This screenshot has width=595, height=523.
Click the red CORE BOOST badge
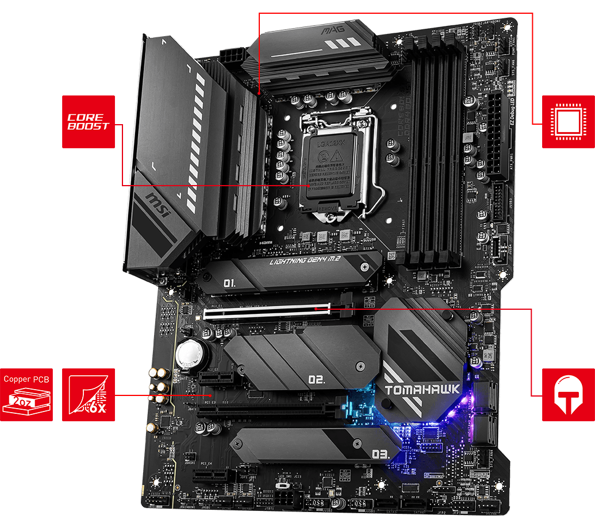pos(88,122)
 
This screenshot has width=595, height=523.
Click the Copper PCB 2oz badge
pos(26,395)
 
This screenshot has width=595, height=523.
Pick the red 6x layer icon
pos(88,395)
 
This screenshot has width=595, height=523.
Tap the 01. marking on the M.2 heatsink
pos(229,283)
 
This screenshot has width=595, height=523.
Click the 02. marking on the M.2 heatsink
pos(317,380)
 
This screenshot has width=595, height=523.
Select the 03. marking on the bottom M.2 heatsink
pos(381,454)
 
